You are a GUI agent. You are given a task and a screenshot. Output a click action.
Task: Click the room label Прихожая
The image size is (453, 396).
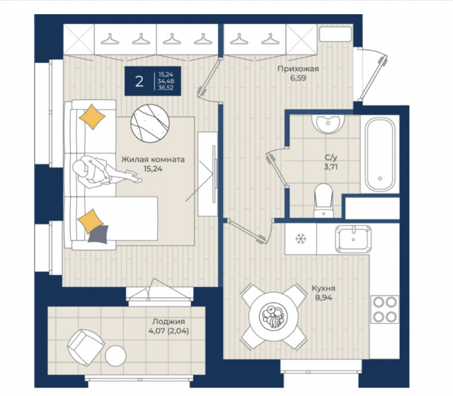[x=298, y=69]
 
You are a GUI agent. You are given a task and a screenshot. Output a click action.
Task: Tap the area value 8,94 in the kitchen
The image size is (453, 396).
[x=323, y=298]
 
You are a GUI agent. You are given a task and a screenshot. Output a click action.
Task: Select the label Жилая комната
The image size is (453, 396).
[x=153, y=159]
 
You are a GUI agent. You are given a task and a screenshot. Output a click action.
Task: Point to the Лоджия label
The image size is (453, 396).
[x=168, y=321]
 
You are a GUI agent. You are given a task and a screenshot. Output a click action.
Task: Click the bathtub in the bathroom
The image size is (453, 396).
[x=380, y=154]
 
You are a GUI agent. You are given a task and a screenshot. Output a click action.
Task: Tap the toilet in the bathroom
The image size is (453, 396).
[x=324, y=200]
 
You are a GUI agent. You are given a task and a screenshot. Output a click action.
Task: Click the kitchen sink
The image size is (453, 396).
[x=353, y=239]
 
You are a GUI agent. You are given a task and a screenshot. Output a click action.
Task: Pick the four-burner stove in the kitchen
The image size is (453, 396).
[x=385, y=310]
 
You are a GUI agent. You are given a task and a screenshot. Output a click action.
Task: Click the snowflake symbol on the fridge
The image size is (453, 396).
[x=301, y=239]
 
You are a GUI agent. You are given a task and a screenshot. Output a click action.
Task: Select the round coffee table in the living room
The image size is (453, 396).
[x=150, y=123]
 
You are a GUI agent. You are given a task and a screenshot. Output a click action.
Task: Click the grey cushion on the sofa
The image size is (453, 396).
[x=98, y=234]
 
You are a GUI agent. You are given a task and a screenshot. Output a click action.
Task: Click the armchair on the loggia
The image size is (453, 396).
[x=86, y=347]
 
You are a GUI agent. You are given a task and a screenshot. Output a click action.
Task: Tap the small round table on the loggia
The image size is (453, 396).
[x=115, y=356]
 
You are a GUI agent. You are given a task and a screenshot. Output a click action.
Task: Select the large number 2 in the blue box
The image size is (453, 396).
[x=139, y=81]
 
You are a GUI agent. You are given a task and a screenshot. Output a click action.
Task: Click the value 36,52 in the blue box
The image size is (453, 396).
[x=166, y=88]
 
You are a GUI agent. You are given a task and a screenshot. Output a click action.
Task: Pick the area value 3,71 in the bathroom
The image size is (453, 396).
[x=331, y=167]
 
